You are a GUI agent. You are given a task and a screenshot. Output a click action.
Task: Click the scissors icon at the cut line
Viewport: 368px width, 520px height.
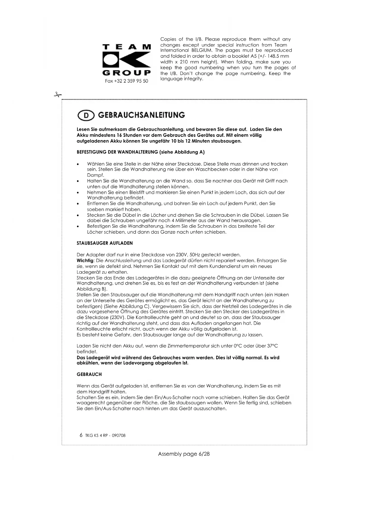coord(58,95)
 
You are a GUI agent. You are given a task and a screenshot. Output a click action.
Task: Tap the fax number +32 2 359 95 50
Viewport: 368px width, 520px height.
coord(127,81)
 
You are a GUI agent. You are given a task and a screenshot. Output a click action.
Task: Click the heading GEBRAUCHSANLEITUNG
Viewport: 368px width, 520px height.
coord(141,115)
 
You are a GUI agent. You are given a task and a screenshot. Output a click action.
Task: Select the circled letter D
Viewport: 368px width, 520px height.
coord(86,116)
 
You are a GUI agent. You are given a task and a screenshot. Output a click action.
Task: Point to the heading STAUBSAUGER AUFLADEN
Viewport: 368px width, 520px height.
coord(105,243)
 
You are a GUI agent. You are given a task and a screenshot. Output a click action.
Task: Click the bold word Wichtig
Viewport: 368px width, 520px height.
coord(85,261)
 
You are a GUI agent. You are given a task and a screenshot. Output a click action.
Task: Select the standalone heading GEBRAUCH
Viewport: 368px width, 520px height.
coord(89,374)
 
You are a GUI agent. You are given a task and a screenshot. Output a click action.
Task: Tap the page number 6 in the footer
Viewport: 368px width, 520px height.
coord(81,435)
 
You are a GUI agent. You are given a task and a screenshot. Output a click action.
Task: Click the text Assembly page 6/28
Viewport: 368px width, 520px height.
coord(184,454)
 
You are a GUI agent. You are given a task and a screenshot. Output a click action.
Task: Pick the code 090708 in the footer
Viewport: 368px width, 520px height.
coord(119,436)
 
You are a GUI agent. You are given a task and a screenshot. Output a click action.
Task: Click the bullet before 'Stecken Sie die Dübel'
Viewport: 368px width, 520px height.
coord(78,215)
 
